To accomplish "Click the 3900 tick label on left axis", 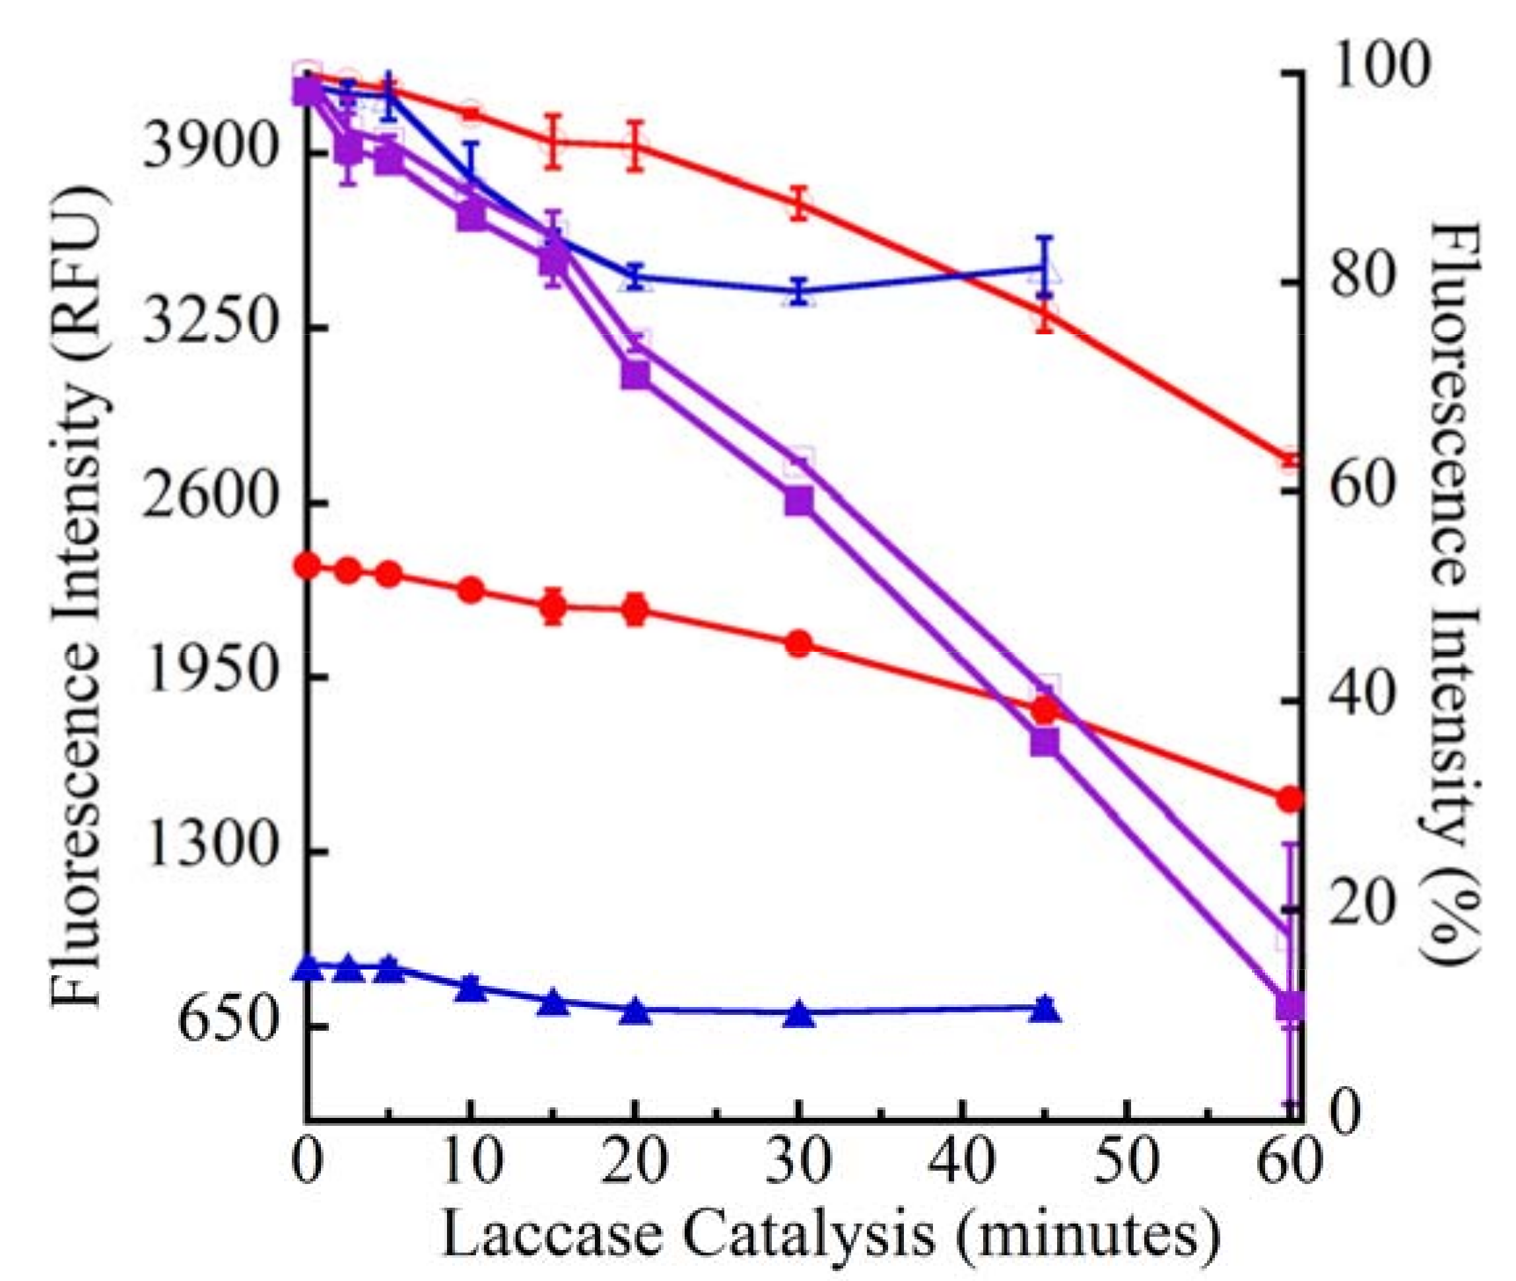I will tap(211, 150).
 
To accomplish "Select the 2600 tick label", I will tap(211, 499).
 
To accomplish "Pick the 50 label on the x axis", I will tap(1126, 1162).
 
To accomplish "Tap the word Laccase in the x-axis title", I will tap(552, 1235).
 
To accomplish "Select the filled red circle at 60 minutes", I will tap(1290, 800).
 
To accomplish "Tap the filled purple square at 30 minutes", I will tap(799, 501).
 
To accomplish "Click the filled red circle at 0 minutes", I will tap(308, 565).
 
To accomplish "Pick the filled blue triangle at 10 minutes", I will tap(471, 988).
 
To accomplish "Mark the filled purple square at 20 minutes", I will tap(635, 376).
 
